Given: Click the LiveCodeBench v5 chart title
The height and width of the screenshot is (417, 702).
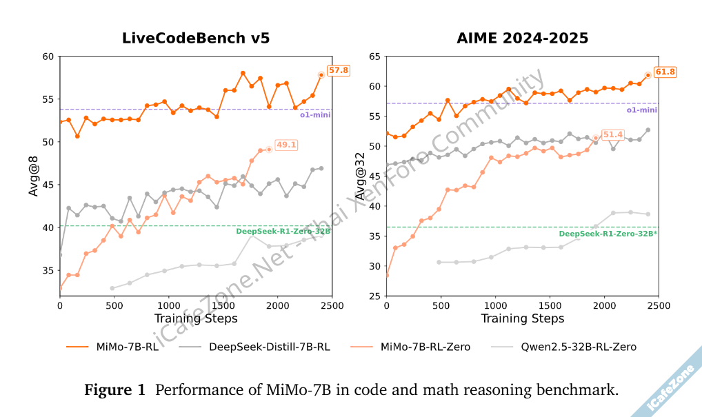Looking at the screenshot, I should [196, 38].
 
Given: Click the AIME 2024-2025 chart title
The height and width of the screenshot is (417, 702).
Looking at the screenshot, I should [523, 38].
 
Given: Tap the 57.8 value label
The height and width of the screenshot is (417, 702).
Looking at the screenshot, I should [339, 70].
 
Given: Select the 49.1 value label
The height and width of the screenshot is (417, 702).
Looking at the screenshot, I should [286, 145].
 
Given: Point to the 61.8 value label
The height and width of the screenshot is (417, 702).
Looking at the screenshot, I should [665, 72].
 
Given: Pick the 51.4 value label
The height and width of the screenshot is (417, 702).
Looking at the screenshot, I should [612, 134].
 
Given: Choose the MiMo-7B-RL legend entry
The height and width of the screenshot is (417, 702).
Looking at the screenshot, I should [127, 347].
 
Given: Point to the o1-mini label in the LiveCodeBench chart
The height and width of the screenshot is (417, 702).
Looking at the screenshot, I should [314, 114].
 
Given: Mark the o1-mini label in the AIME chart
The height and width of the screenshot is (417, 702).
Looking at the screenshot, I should [641, 110].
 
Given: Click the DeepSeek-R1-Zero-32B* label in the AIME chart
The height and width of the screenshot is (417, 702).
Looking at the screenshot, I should [608, 234].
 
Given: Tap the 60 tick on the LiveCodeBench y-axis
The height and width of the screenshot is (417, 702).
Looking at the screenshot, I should [48, 56].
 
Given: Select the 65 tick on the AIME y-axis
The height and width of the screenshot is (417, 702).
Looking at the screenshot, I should [374, 56].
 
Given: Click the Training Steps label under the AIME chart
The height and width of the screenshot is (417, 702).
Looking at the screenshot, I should [522, 318].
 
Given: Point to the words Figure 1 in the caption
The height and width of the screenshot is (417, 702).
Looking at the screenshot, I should [115, 391].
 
